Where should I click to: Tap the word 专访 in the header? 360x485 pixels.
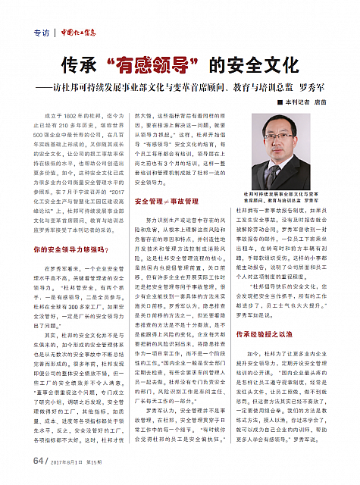44,33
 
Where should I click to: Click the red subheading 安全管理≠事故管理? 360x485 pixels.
166,201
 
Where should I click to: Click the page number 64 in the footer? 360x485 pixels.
39,459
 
